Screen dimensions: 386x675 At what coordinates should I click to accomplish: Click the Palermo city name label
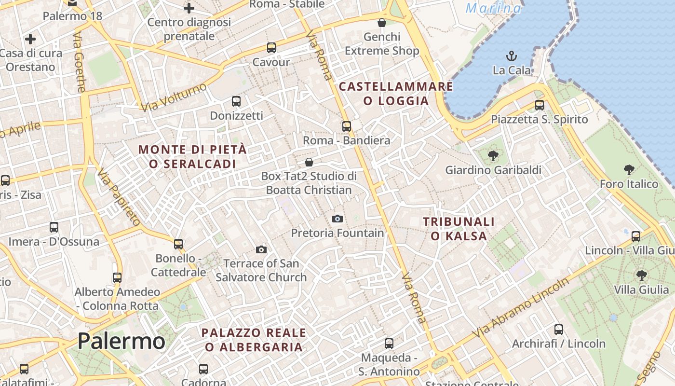[x=121, y=341]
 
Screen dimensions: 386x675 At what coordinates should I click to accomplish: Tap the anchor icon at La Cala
[x=511, y=56]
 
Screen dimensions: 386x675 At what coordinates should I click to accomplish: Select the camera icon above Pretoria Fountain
[x=337, y=219]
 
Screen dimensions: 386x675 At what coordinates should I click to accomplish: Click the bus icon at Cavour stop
[x=271, y=48]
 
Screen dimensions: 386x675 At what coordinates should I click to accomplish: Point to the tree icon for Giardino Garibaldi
[x=493, y=155]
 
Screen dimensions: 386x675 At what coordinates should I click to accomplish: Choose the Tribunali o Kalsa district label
[x=459, y=229]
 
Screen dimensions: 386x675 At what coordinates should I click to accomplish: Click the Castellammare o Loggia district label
[x=396, y=94]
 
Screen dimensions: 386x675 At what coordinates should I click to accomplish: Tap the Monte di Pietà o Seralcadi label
[x=192, y=156]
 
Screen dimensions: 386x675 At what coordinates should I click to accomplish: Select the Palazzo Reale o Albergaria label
[x=254, y=340]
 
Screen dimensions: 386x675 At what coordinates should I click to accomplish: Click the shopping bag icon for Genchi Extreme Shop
[x=382, y=23]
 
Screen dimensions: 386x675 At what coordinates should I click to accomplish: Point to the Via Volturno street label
[x=174, y=97]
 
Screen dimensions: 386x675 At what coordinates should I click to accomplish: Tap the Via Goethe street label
[x=80, y=62]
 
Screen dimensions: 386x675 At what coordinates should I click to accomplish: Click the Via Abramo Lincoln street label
[x=520, y=308]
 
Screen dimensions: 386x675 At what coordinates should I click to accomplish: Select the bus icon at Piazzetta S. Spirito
[x=540, y=105]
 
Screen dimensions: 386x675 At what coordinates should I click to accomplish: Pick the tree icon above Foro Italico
[x=629, y=169]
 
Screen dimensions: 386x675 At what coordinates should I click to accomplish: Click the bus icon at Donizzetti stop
[x=236, y=101]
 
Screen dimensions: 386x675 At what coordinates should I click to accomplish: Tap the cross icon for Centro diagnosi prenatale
[x=189, y=8]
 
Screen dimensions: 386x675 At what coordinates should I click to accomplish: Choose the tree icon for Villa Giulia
[x=641, y=276]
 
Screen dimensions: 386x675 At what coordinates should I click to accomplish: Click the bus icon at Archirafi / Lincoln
[x=559, y=330]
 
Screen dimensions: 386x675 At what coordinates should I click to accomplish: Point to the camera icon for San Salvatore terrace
[x=261, y=249]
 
